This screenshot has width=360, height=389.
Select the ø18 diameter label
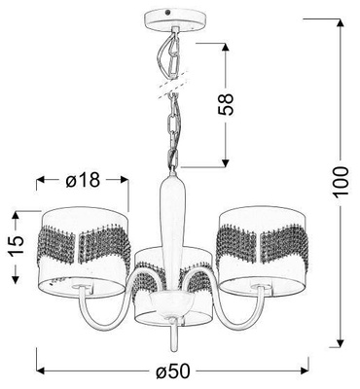[84, 181]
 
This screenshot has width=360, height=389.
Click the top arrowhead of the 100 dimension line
[341, 21]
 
